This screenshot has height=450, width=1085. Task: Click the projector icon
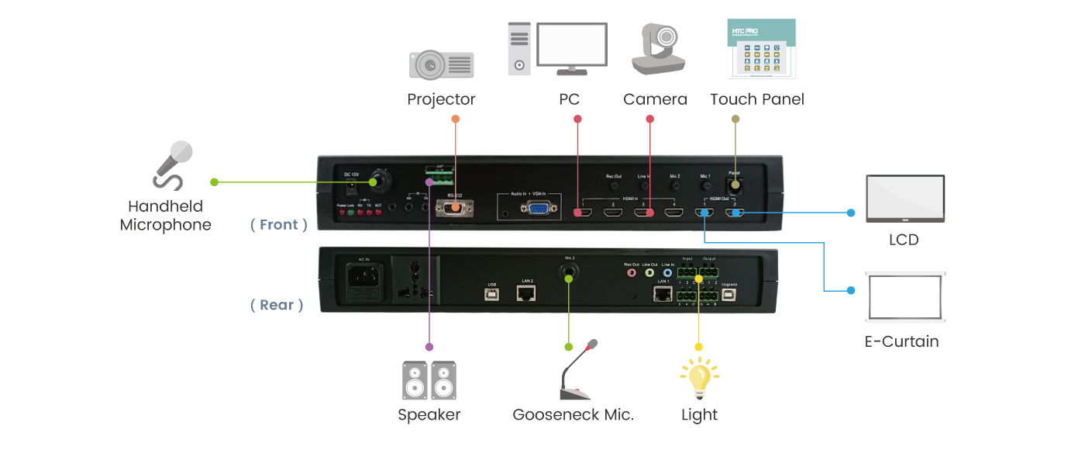pyautogui.click(x=441, y=64)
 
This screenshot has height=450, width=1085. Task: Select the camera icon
pyautogui.click(x=656, y=50)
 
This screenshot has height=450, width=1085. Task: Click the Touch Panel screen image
pyautogui.click(x=763, y=49)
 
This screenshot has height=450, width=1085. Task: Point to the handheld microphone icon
pyautogui.click(x=172, y=164)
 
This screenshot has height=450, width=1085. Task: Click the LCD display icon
pyautogui.click(x=904, y=199)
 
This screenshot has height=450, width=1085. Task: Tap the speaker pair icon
pyautogui.click(x=429, y=380)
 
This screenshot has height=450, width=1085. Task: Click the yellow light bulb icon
pyautogui.click(x=699, y=378)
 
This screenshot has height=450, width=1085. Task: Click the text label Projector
pyautogui.click(x=441, y=99)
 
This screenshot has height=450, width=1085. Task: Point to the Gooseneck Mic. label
pyautogui.click(x=573, y=415)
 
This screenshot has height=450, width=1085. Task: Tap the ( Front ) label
pyautogui.click(x=279, y=225)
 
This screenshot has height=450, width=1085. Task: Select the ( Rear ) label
pyautogui.click(x=277, y=305)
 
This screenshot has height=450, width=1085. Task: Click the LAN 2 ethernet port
pyautogui.click(x=527, y=292)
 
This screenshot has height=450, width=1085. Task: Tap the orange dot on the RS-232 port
pyautogui.click(x=456, y=207)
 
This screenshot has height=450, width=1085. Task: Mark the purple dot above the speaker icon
pyautogui.click(x=429, y=347)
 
